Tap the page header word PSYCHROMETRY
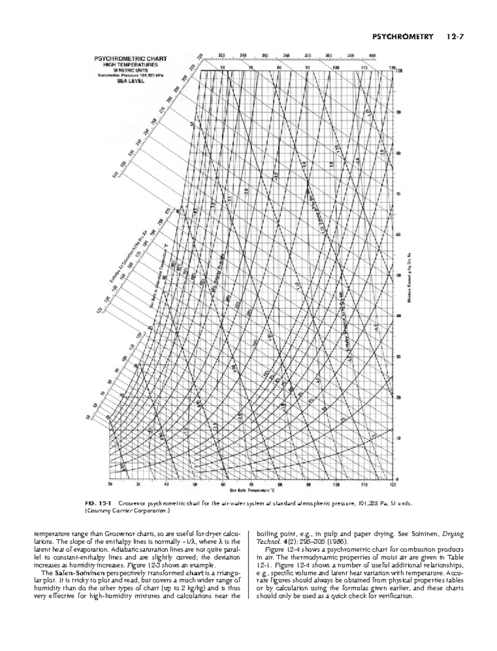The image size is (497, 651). tap(403, 37)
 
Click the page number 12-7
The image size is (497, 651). tap(455, 37)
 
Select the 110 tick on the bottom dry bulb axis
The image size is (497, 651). tap(364, 484)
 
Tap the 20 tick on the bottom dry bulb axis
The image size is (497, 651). tap(110, 484)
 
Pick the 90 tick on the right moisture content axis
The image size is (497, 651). tap(398, 112)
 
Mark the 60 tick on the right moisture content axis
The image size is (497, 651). tap(398, 235)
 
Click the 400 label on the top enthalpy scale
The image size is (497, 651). tap(372, 55)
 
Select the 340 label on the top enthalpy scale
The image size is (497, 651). tap(243, 55)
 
